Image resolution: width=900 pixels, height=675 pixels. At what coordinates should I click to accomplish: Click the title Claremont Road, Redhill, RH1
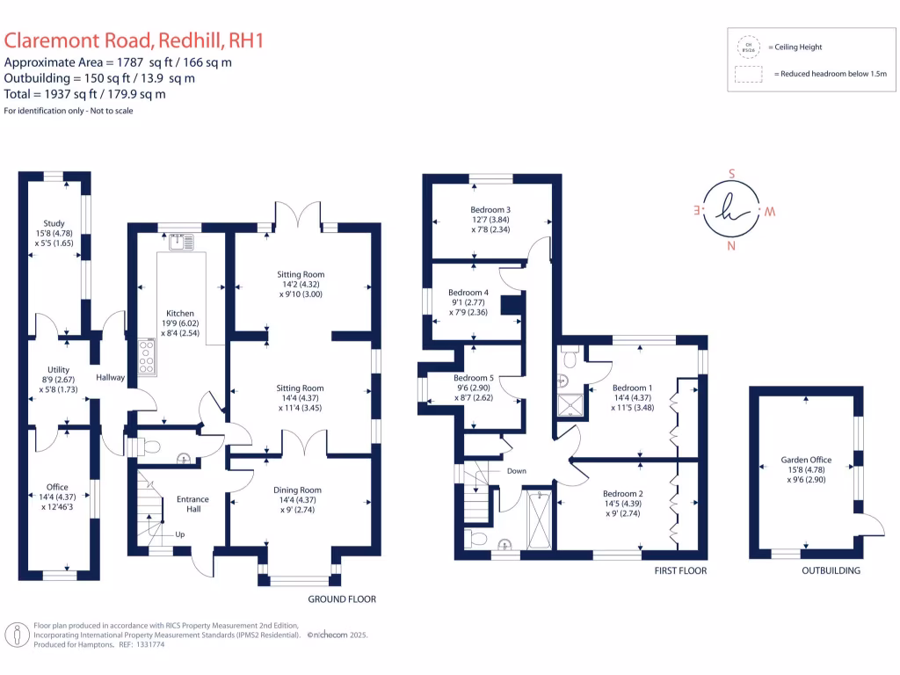[x=134, y=40]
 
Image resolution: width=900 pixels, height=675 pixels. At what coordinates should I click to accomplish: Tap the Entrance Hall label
[x=192, y=503]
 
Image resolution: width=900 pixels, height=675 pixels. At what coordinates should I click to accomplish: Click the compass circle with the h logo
[x=731, y=210]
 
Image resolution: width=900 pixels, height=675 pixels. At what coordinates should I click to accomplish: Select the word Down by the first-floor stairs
[x=517, y=471]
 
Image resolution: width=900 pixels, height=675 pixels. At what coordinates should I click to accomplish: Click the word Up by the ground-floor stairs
[x=181, y=533]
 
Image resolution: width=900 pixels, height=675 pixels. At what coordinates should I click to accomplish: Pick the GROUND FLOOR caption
[x=342, y=599]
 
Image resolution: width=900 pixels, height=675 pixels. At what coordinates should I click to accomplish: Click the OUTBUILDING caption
[x=831, y=570]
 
